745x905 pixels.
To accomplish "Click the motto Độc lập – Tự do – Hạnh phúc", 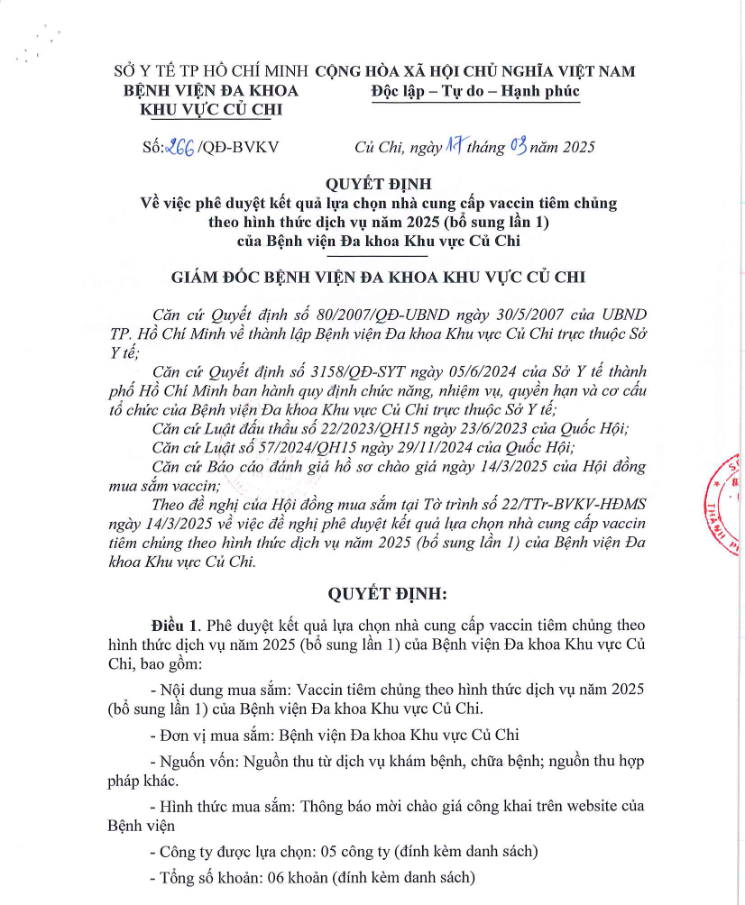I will [x=474, y=90].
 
